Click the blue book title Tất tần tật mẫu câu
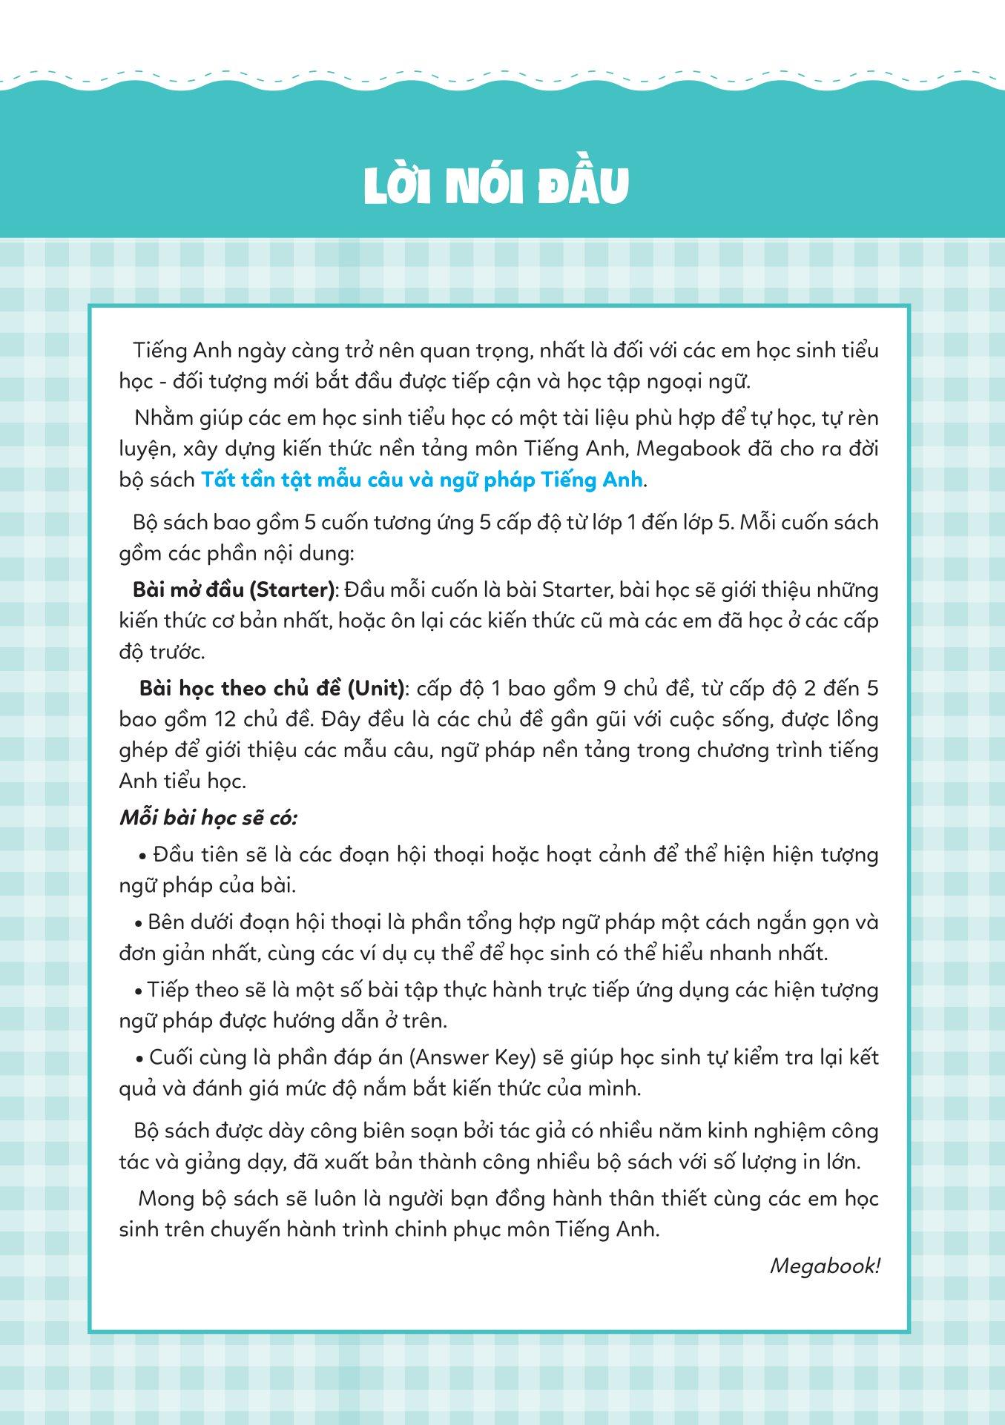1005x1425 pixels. tap(421, 480)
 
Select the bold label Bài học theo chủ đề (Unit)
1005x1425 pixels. tap(272, 689)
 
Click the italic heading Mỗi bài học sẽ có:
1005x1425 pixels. tap(208, 819)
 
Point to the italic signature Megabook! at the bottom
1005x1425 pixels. tap(824, 1266)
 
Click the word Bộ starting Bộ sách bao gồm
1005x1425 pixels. tap(145, 523)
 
